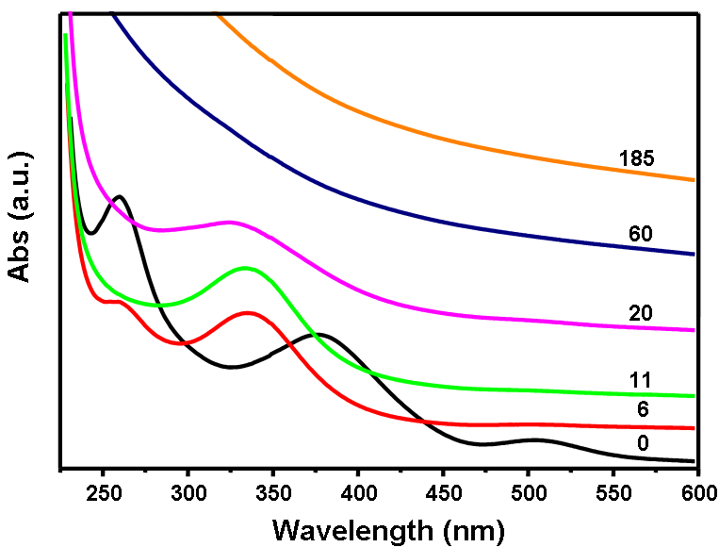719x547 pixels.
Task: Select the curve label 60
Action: (640, 233)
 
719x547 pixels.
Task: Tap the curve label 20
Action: (640, 312)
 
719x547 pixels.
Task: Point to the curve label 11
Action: (640, 380)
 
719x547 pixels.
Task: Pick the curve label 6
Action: (644, 410)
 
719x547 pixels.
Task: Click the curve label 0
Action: (644, 442)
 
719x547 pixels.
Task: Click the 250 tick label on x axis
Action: (104, 490)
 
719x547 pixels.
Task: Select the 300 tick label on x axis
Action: (188, 490)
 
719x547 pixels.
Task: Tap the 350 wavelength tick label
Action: (273, 490)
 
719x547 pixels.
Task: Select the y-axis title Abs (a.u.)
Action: (21, 215)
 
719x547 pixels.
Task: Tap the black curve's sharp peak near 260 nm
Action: (120, 196)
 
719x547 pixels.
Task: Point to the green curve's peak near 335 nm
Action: (246, 268)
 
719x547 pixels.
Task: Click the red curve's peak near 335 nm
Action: (248, 312)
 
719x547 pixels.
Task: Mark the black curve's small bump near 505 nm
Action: (533, 439)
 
